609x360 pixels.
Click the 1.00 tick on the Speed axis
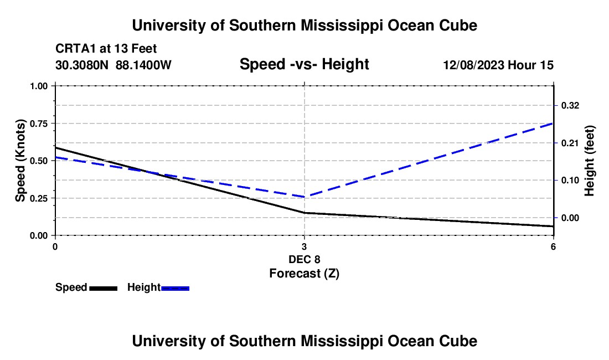[38, 86]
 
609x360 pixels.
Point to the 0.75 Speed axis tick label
[38, 124]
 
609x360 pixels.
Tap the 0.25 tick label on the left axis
[38, 198]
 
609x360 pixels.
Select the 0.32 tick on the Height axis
[570, 106]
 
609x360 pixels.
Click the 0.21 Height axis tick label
[570, 143]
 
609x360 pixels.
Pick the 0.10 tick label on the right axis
[570, 181]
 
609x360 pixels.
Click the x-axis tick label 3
[304, 246]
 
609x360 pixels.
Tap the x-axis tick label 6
[553, 246]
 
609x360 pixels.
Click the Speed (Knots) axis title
[20, 161]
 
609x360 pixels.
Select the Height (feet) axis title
[589, 161]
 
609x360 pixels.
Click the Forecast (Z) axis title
[304, 274]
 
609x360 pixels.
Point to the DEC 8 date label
[304, 259]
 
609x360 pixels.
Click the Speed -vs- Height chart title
[304, 64]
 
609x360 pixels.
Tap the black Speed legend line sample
[104, 288]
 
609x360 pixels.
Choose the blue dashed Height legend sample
[175, 288]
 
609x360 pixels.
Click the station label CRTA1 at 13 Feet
[106, 49]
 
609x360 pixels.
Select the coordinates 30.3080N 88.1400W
[113, 65]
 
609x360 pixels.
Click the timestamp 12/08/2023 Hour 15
[498, 65]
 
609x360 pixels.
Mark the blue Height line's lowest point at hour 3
[304, 197]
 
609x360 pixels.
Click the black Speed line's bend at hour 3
[304, 213]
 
